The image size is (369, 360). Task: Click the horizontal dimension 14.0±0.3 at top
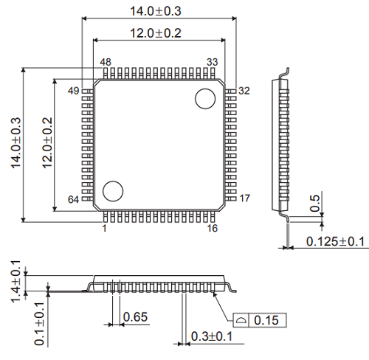coord(156,10)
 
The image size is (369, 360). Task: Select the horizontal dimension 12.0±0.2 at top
coord(156,33)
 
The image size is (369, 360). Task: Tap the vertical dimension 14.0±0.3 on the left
coord(15,145)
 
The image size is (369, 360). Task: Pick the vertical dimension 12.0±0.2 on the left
coord(47,145)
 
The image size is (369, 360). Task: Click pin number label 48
coord(106,62)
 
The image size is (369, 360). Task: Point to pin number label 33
coord(212,62)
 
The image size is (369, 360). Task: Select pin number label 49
coord(73,91)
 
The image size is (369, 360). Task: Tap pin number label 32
coord(244,91)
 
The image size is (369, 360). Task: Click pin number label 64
coord(73,200)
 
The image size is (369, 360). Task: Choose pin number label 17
coord(245,198)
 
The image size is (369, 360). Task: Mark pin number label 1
coord(104,229)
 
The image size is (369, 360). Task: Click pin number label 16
coord(212,229)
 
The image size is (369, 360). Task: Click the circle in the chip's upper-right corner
coord(204,98)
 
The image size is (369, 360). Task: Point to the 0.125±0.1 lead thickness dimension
coord(336,241)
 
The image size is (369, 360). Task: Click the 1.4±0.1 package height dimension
coord(15,277)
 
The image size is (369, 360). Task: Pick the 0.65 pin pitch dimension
coord(134,317)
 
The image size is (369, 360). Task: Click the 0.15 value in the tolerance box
coord(266,320)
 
